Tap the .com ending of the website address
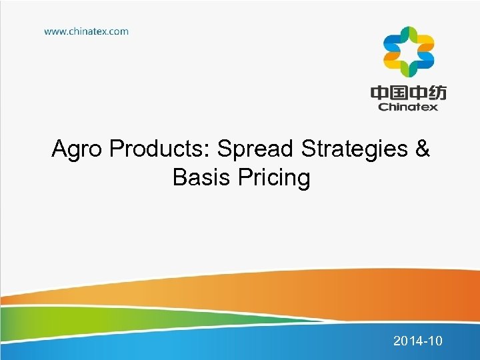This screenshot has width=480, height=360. click(117, 31)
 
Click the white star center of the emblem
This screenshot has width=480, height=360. click(408, 52)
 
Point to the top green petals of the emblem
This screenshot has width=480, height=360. click(408, 34)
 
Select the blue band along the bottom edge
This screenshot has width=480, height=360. click(200, 343)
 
